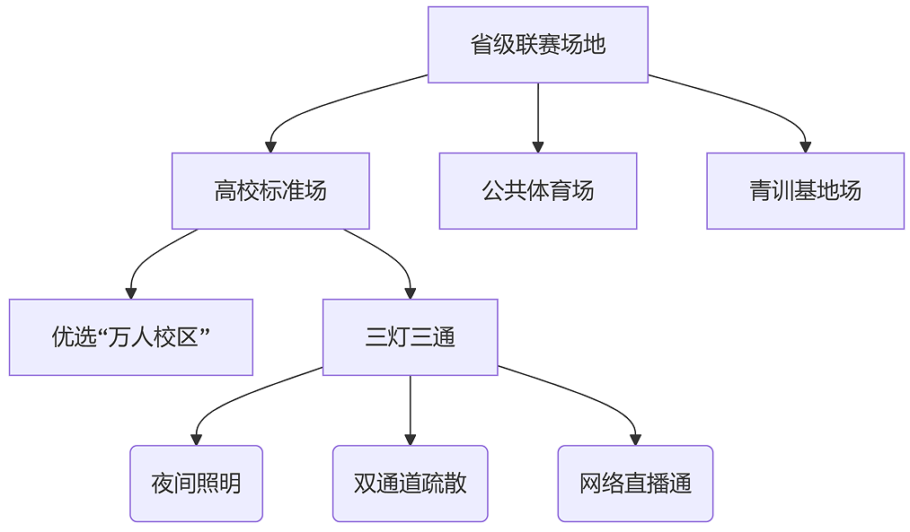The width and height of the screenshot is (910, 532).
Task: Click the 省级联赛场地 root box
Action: tap(538, 45)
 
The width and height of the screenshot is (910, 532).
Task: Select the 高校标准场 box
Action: tap(270, 191)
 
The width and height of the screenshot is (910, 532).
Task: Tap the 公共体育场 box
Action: tap(538, 191)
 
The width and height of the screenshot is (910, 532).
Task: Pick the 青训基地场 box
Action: tap(806, 191)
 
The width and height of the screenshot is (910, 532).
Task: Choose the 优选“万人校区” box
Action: tap(131, 337)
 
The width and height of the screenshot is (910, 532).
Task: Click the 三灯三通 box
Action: tap(411, 337)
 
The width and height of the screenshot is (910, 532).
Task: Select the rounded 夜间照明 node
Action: tap(196, 484)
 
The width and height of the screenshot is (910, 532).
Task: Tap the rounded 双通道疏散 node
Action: tap(411, 484)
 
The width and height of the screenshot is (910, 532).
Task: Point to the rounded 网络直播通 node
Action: tap(635, 484)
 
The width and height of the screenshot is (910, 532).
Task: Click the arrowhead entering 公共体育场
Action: tap(538, 147)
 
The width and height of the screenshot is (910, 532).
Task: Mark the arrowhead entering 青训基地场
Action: tap(806, 147)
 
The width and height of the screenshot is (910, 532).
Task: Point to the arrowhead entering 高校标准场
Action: tap(270, 147)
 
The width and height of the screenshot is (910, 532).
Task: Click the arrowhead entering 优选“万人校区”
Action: tap(131, 293)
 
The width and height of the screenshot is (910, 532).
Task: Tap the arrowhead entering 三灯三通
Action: tap(411, 293)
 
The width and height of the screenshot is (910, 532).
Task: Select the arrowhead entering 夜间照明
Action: tap(196, 440)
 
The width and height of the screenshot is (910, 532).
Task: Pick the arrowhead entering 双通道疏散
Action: tap(411, 440)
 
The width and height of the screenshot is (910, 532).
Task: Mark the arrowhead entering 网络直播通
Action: tap(635, 440)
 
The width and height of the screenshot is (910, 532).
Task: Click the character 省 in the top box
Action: tap(482, 45)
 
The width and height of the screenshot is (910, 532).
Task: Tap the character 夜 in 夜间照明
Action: tap(163, 484)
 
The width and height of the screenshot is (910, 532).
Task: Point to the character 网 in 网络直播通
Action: tap(590, 484)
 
